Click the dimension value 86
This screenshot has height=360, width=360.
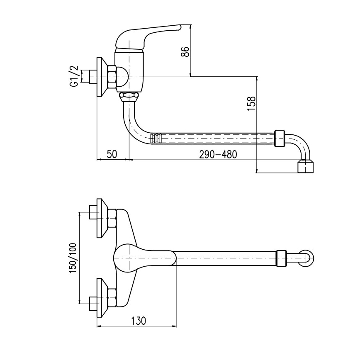point(185,52)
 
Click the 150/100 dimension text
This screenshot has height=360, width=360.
point(73,257)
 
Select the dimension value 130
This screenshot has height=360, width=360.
point(139,321)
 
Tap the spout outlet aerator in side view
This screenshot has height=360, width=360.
point(306,167)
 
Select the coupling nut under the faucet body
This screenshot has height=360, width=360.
point(129,96)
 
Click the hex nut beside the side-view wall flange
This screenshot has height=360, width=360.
point(112,77)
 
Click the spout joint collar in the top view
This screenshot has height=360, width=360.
point(281,258)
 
